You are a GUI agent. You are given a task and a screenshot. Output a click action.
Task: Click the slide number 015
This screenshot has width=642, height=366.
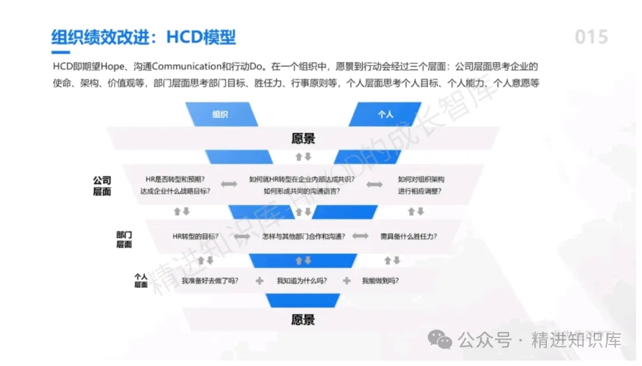click(x=591, y=37)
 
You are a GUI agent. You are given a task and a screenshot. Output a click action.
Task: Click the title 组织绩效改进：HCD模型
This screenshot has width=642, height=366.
click(x=143, y=37)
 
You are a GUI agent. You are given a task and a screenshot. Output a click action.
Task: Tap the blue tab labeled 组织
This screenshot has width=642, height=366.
click(x=220, y=114)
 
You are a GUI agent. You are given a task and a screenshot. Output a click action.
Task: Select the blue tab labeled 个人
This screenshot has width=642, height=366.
click(x=386, y=114)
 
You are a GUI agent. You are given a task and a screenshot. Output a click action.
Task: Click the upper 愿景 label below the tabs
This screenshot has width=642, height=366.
click(x=303, y=139)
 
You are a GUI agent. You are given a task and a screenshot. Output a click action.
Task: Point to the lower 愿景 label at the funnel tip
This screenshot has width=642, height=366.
click(x=303, y=320)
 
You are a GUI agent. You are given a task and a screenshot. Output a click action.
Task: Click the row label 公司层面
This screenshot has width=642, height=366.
click(x=102, y=185)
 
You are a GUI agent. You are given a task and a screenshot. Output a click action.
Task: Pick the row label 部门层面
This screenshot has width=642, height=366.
click(x=124, y=239)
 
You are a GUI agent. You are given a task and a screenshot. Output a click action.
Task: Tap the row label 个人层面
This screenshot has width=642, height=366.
click(x=141, y=280)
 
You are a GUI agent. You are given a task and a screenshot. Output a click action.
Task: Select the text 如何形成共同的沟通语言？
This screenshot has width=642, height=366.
click(x=302, y=191)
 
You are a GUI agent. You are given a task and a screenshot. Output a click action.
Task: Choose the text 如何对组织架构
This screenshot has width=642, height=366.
click(x=421, y=179)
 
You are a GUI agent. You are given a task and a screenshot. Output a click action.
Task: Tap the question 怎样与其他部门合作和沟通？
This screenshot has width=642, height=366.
click(x=303, y=236)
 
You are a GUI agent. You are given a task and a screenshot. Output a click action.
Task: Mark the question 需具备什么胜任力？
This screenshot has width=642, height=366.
click(x=408, y=236)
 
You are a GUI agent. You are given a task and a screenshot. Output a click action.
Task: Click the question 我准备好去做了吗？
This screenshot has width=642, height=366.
click(x=210, y=280)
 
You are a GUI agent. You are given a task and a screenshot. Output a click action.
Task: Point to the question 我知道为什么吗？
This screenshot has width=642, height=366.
click(x=303, y=280)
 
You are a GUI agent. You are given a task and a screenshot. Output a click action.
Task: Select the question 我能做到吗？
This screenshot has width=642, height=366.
click(x=380, y=280)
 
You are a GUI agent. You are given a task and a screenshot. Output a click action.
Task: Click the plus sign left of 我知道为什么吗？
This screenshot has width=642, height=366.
click(x=259, y=280)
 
